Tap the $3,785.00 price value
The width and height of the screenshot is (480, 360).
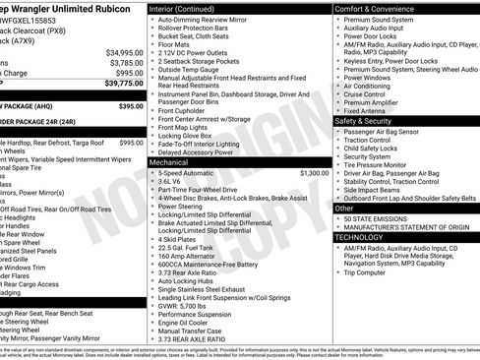[x=124, y=62]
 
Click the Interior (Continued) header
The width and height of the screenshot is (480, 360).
[x=191, y=8]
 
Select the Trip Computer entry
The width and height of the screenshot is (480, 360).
[x=373, y=272]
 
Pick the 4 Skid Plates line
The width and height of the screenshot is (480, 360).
[x=181, y=238]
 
